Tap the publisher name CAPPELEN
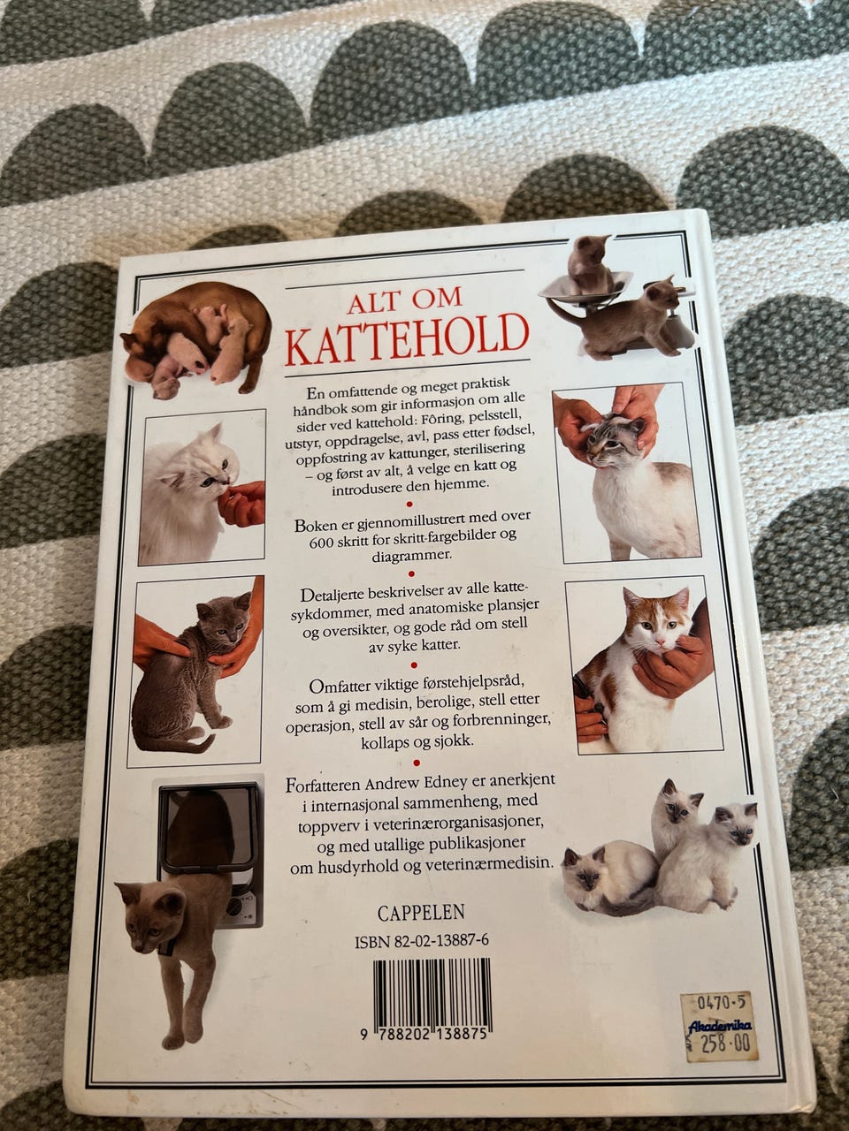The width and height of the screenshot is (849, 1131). (x=421, y=913)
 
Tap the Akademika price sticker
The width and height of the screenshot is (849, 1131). (x=719, y=1025)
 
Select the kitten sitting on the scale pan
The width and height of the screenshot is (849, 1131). (x=588, y=262)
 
